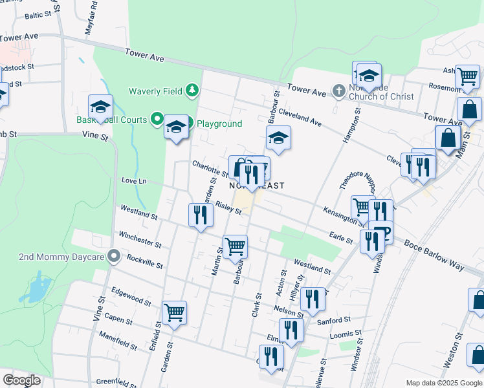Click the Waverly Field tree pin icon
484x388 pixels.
[192, 91]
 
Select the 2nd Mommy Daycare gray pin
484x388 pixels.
[114, 257]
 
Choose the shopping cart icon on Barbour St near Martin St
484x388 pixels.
[235, 246]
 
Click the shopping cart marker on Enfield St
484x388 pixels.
[174, 313]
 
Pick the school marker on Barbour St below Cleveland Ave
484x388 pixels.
[278, 138]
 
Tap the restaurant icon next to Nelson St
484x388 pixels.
[313, 298]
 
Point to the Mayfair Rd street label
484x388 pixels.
[91, 17]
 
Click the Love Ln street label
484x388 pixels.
[135, 180]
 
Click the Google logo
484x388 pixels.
[21, 380]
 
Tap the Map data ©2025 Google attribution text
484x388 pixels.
[443, 383]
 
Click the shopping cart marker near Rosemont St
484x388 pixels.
[467, 76]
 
